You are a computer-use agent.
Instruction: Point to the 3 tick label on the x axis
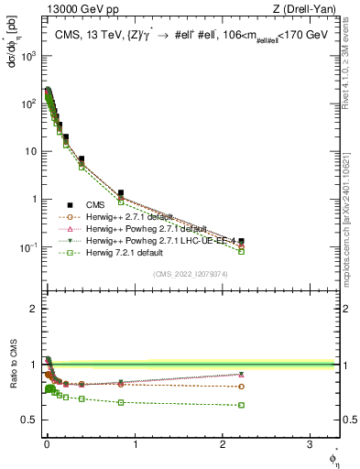click(x=310, y=444)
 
